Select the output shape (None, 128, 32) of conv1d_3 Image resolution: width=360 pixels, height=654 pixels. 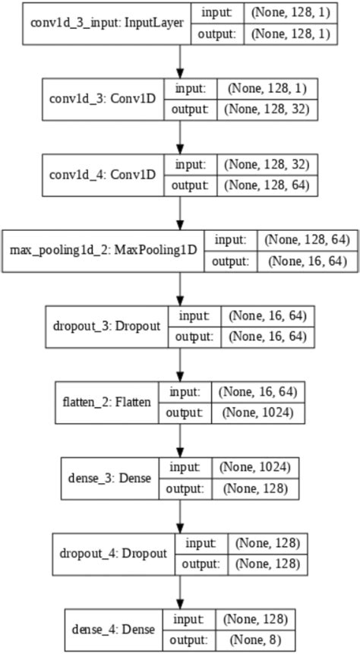[269, 109]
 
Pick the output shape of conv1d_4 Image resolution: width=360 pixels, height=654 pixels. [269, 185]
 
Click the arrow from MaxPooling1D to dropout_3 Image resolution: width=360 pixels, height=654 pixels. [180, 287]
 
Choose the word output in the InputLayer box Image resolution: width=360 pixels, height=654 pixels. [219, 34]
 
